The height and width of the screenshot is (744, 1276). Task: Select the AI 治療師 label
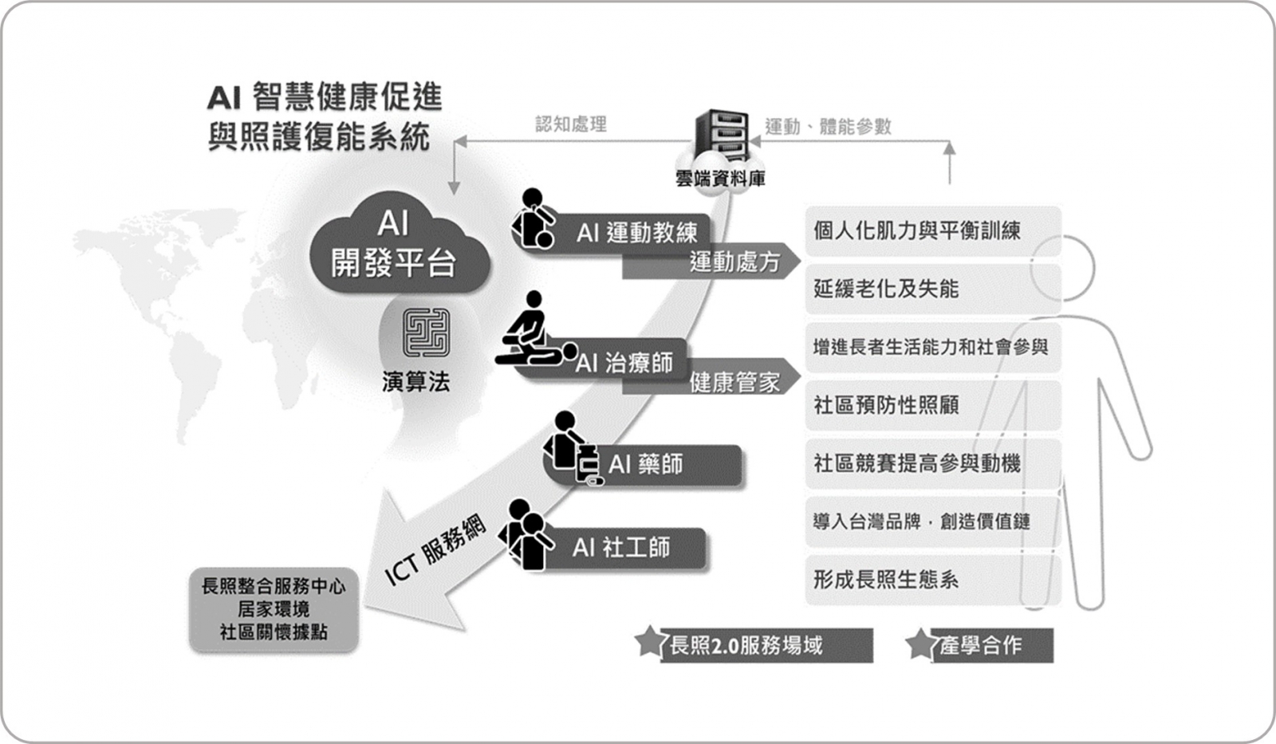pos(624,362)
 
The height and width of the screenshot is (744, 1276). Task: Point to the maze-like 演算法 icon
pos(426,333)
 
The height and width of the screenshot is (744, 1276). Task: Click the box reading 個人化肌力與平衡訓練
pos(933,231)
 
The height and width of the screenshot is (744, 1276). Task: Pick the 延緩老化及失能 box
pos(933,289)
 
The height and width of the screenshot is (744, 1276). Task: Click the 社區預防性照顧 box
pos(933,405)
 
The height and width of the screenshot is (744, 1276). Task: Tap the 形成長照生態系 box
pos(933,580)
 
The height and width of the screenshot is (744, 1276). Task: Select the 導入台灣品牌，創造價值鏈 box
pos(933,522)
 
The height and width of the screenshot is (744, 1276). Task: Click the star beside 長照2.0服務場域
pos(649,641)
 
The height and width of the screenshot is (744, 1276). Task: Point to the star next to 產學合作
pos(920,644)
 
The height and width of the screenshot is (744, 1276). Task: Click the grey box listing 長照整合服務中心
pos(274,609)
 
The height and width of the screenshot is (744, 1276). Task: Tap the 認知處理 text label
pos(571,124)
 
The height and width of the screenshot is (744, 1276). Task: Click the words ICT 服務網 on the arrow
pos(435,549)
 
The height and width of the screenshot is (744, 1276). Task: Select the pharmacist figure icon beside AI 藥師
pos(572,449)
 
